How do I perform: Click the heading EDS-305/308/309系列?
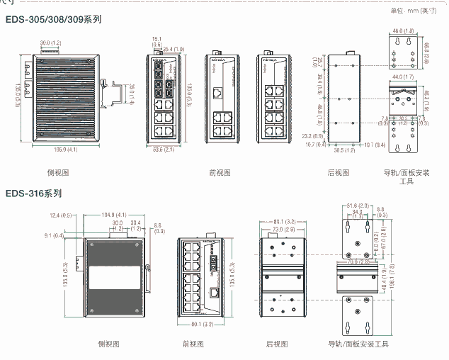[53, 19]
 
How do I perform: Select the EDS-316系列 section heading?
[34, 193]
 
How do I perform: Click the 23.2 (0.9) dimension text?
[312, 135]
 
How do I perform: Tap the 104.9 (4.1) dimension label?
[113, 215]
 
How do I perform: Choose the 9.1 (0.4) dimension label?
[54, 235]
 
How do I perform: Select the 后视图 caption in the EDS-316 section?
[277, 344]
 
